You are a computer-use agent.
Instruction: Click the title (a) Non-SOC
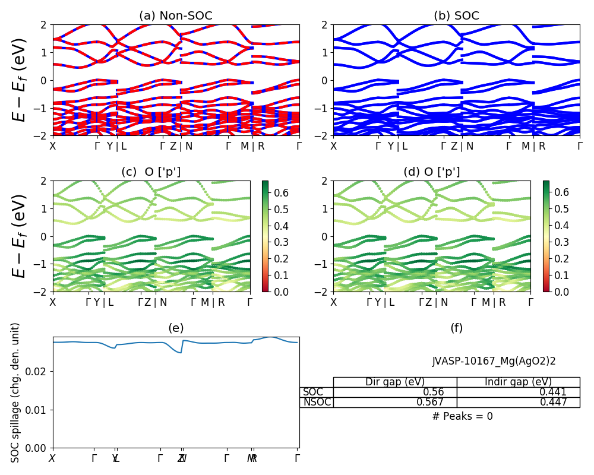[176, 16]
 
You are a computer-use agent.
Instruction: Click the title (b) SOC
[457, 16]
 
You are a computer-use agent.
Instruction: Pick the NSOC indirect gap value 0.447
[553, 402]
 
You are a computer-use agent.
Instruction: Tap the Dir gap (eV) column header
[395, 382]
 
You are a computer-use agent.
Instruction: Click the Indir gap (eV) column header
[518, 382]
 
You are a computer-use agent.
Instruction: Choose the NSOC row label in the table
[317, 402]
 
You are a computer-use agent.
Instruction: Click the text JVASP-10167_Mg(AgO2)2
[494, 360]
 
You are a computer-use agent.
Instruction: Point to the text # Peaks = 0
[463, 416]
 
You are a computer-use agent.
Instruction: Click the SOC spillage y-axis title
[16, 392]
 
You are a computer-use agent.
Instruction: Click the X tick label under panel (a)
[53, 146]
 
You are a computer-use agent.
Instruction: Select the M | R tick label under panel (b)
[533, 146]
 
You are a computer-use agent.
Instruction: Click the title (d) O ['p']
[432, 172]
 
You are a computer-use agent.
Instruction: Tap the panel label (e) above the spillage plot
[176, 328]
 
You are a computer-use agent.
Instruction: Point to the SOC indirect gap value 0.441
[553, 392]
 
